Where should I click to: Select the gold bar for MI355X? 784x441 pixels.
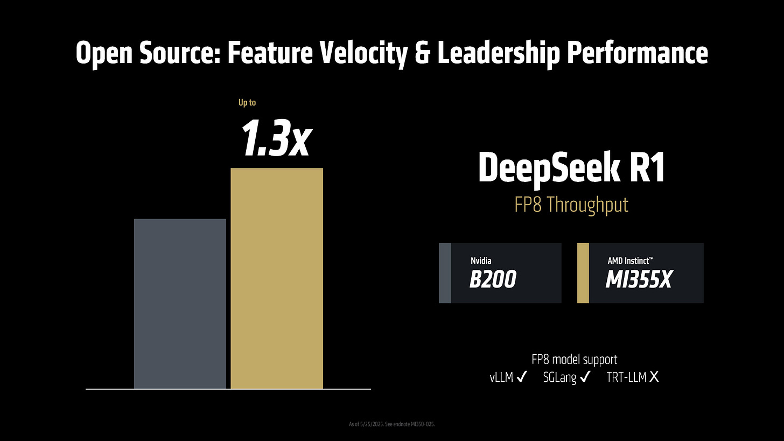pos(277,278)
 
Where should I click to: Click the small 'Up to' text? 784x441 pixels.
pos(247,102)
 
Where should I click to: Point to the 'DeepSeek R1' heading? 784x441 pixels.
pos(571,169)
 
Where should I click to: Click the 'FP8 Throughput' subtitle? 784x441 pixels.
pos(571,205)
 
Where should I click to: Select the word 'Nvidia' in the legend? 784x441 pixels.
pos(481,261)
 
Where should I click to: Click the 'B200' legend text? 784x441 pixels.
pos(492,279)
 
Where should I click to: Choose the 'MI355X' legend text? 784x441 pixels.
pos(638,279)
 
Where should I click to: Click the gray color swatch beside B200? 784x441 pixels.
pos(445,273)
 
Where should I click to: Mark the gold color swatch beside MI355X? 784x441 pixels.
pos(583,273)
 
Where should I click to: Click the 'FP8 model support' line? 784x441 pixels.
pos(574,359)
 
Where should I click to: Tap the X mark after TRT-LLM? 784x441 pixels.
pos(654,377)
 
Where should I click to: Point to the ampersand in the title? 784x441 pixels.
pos(423,53)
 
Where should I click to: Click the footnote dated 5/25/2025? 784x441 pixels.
pos(391,424)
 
